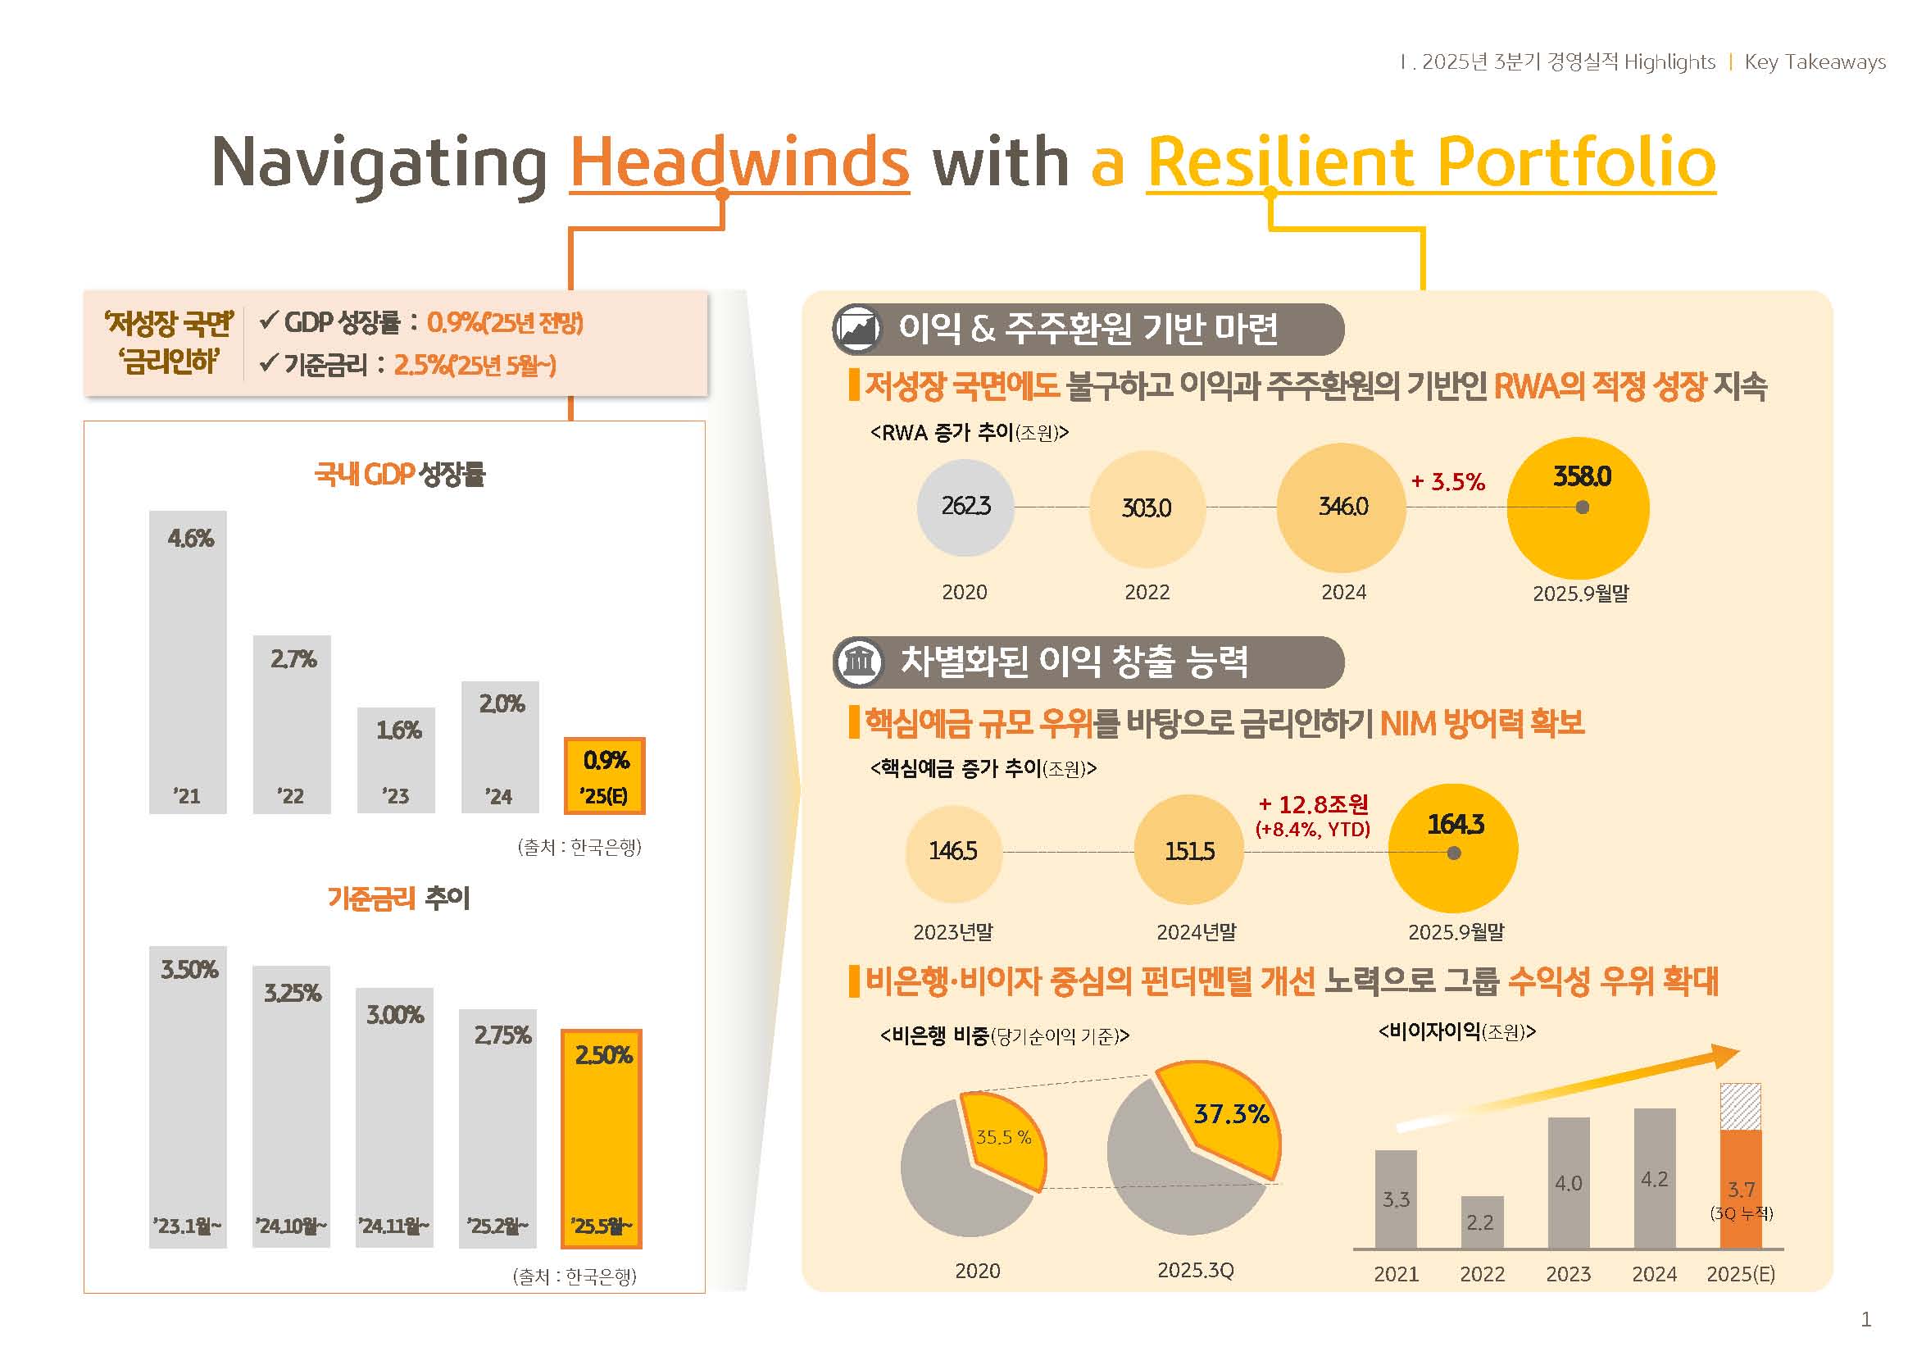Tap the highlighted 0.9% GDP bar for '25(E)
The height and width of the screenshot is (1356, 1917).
(605, 776)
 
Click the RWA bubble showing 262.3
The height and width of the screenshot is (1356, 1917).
(965, 507)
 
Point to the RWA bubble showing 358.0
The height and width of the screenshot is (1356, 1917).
(1577, 507)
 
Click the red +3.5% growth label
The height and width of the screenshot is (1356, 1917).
(1447, 482)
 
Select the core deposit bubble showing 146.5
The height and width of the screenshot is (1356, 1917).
(952, 853)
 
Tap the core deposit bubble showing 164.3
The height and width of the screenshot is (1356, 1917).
(1453, 848)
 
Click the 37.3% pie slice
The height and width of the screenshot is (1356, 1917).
(1224, 1116)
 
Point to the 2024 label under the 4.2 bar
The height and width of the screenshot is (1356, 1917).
(1654, 1274)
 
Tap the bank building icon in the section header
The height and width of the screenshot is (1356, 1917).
(859, 662)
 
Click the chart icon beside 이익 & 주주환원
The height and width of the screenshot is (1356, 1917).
(858, 329)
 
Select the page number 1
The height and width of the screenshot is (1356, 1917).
(1866, 1319)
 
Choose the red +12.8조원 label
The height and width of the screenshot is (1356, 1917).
(1313, 804)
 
